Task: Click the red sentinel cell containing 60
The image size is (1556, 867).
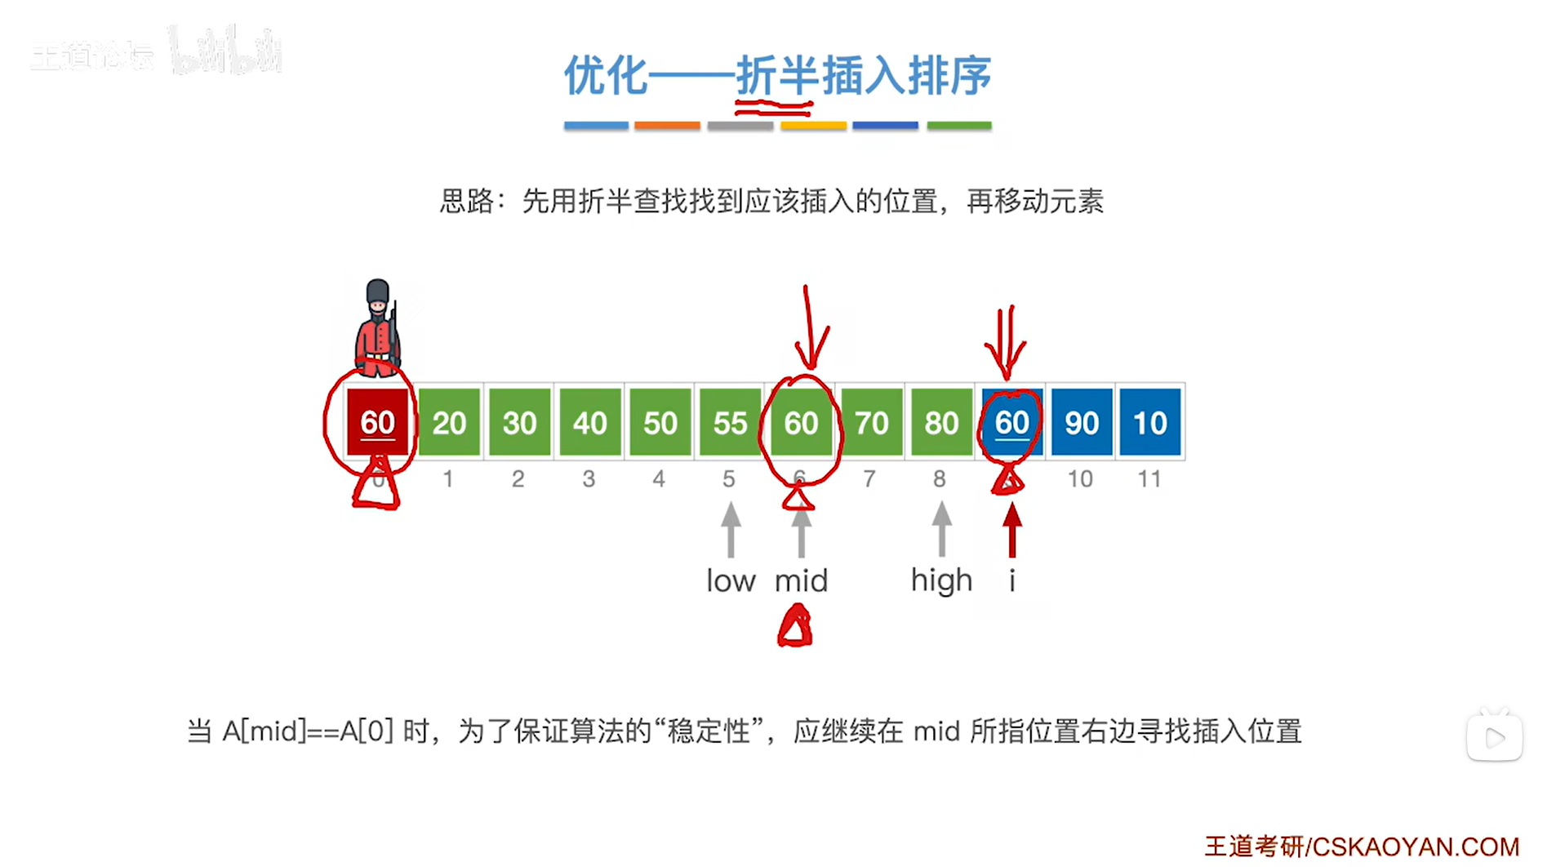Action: coord(377,422)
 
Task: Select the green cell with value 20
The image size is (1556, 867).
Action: coord(449,422)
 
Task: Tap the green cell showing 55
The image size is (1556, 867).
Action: coord(730,422)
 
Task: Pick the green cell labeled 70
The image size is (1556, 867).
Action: coord(871,422)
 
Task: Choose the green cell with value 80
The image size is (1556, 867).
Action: coord(941,422)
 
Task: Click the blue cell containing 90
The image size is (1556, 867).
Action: coord(1082,422)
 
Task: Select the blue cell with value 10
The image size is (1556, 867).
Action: coord(1150,422)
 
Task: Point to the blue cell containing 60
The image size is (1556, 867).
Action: coord(1011,422)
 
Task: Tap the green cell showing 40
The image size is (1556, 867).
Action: coord(589,422)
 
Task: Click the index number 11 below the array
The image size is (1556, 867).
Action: coord(1149,478)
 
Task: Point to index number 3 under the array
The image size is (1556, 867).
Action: coord(589,478)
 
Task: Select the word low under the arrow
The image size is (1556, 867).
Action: coord(731,580)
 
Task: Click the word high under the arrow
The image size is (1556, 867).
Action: coord(941,581)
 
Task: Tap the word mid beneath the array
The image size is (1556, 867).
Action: coord(801,580)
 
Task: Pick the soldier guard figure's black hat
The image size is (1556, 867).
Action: coord(377,291)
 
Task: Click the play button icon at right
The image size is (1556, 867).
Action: coord(1494,738)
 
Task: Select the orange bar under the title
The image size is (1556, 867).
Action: coord(667,126)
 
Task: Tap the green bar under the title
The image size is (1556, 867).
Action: coord(958,126)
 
